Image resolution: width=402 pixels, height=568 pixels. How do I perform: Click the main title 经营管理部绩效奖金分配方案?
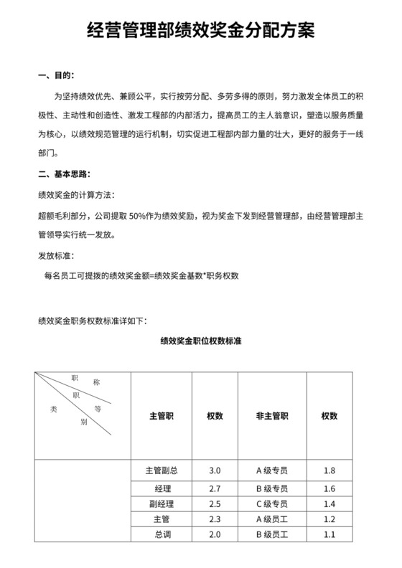click(200, 30)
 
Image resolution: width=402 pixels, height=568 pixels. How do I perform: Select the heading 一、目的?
click(55, 75)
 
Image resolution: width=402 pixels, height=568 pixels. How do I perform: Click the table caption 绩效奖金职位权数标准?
click(200, 341)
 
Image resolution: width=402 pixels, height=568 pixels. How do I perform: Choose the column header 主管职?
click(161, 416)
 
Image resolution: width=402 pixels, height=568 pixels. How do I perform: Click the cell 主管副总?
click(161, 471)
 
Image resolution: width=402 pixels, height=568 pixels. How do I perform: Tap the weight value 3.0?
click(214, 471)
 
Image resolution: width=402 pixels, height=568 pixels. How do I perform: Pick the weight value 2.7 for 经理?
click(214, 488)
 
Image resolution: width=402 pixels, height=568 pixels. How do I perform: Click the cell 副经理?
click(161, 503)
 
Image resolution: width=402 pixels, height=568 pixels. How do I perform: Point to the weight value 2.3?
click(214, 519)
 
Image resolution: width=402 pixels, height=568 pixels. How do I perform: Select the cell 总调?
click(161, 535)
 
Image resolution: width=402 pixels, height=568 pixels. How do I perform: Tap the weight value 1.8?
click(329, 471)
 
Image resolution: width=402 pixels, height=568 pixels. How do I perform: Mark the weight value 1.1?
click(329, 535)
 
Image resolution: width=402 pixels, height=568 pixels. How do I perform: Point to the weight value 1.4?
click(329, 503)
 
